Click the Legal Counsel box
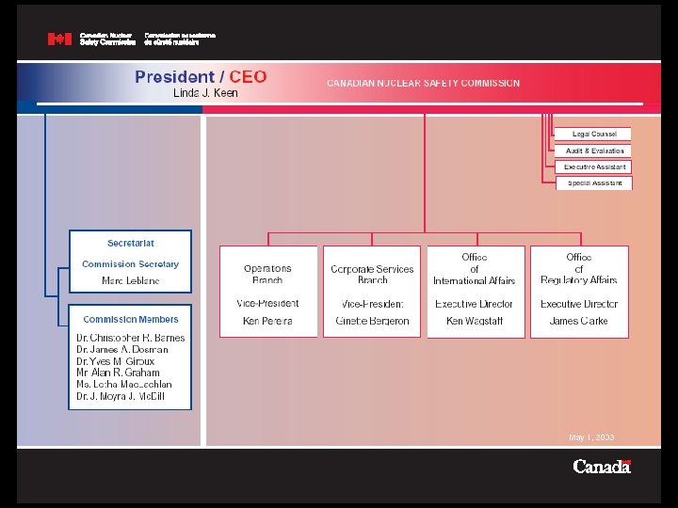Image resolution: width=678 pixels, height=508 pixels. click(x=594, y=134)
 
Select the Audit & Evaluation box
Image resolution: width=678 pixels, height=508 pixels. click(x=594, y=151)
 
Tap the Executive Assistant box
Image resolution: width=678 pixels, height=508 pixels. click(x=594, y=167)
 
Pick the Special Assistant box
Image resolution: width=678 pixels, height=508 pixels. click(x=594, y=183)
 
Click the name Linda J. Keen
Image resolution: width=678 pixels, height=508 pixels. click(x=205, y=93)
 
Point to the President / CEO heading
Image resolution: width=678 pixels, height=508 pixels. click(x=201, y=77)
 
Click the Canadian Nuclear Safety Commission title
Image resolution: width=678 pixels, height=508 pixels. click(x=423, y=83)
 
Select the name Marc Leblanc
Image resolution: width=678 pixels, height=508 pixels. click(x=131, y=281)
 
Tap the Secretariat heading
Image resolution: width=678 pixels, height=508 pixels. click(x=131, y=244)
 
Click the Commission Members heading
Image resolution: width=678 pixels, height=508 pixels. click(x=131, y=320)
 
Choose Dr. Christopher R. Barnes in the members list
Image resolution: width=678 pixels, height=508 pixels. click(x=131, y=338)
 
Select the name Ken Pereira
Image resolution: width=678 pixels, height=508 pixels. click(x=267, y=321)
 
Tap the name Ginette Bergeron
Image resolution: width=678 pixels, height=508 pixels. click(x=372, y=321)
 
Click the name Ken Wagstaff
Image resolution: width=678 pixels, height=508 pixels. click(x=474, y=321)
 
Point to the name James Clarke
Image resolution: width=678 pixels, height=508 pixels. click(x=578, y=321)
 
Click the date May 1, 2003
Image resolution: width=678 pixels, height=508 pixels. click(x=591, y=437)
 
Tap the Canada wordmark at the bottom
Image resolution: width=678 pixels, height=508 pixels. click(x=601, y=467)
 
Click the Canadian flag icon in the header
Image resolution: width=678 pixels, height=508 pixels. click(x=59, y=40)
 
